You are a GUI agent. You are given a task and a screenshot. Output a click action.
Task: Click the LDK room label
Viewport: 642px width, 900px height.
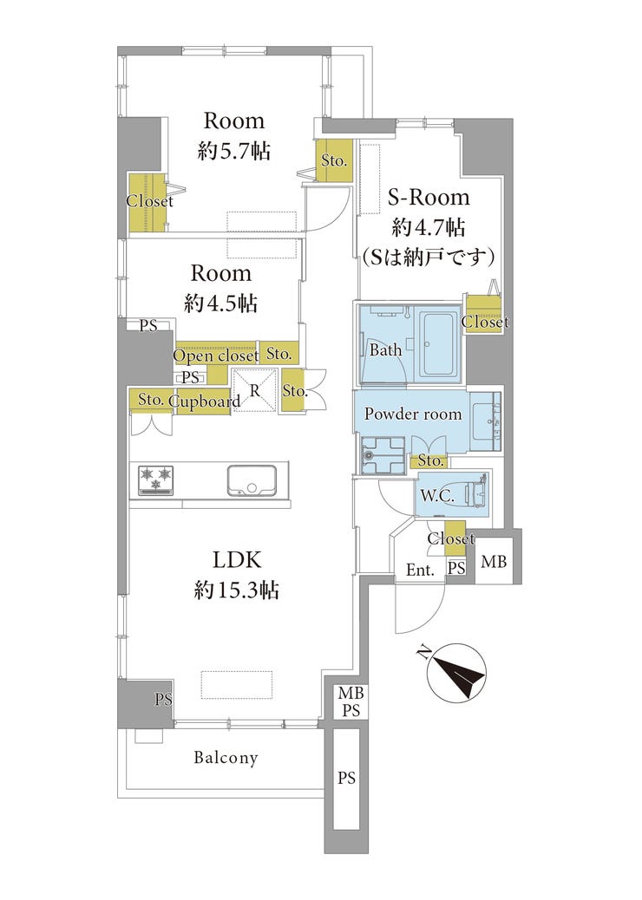[237, 559]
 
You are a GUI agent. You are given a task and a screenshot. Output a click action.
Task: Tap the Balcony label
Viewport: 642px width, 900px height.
[226, 758]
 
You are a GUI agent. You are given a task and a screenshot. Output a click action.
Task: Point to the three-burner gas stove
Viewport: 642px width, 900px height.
[156, 479]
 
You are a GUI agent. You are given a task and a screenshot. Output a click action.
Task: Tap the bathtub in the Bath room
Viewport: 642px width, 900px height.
[438, 346]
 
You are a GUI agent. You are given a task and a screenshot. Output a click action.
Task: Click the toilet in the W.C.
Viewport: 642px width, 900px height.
[475, 495]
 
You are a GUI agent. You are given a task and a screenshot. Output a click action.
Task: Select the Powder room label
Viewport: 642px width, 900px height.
[413, 414]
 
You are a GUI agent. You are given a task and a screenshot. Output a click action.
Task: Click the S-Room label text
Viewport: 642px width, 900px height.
[429, 198]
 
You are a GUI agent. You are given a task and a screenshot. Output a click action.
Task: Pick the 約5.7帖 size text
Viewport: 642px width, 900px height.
[234, 151]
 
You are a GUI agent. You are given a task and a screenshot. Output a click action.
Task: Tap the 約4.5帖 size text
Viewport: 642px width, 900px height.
[220, 303]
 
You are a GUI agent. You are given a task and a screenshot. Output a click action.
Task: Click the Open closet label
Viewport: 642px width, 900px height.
[216, 355]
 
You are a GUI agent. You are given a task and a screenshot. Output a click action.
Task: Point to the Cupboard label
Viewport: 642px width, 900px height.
[205, 401]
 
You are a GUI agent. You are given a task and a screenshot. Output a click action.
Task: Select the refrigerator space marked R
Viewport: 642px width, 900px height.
[255, 390]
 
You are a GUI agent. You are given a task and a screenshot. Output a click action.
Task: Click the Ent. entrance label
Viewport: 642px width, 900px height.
[421, 570]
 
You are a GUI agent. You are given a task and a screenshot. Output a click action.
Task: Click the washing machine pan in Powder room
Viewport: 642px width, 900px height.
[383, 455]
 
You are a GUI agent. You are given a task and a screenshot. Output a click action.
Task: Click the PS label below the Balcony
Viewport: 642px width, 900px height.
[346, 779]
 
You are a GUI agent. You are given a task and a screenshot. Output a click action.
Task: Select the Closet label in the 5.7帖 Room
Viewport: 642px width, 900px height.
[149, 201]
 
